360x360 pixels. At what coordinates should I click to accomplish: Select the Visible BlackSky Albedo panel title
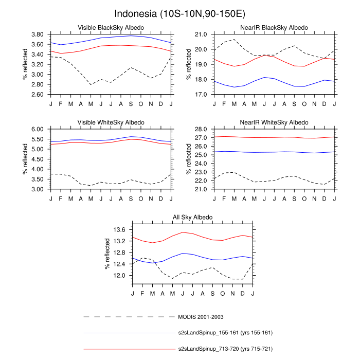[x=111, y=27]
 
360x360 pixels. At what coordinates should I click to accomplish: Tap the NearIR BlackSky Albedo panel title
[x=275, y=27]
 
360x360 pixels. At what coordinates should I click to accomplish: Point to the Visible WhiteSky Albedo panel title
[x=111, y=122]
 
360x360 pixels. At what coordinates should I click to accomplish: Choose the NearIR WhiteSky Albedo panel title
[x=275, y=122]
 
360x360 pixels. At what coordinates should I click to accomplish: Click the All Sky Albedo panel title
[x=192, y=218]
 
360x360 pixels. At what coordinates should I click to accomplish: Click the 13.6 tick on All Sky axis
[x=119, y=230]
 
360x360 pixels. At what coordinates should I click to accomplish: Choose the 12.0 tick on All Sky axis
[x=119, y=276]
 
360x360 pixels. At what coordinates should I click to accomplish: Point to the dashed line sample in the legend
[x=129, y=316]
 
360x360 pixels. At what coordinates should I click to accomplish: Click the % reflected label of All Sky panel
[x=107, y=255]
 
